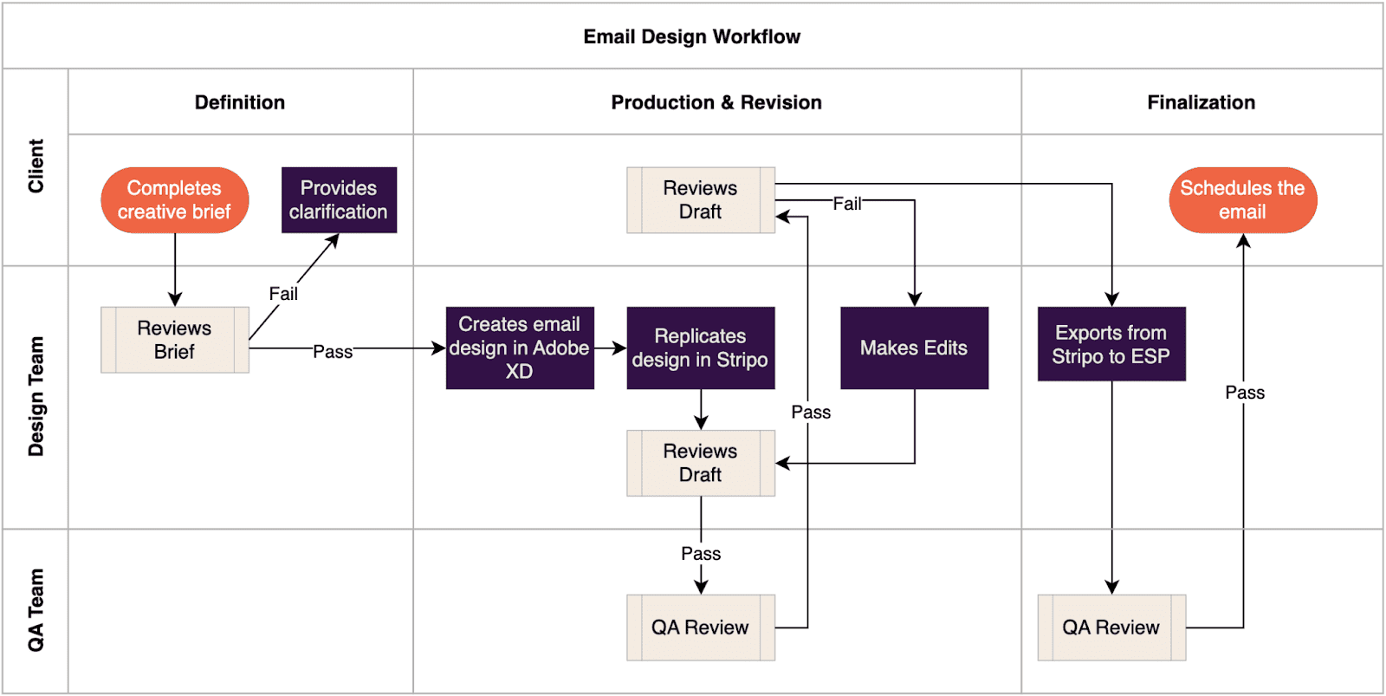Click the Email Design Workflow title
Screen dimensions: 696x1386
pos(691,36)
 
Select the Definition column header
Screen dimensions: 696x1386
pos(240,102)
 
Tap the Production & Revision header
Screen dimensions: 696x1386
pos(716,102)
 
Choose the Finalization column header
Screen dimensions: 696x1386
pos(1201,102)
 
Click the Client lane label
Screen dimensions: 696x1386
pos(36,166)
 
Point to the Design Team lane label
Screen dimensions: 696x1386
pos(36,396)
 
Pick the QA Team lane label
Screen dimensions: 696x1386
pos(36,609)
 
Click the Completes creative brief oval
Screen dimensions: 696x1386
pos(174,200)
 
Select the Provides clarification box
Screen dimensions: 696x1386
pos(339,200)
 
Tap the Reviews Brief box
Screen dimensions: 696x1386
pos(174,340)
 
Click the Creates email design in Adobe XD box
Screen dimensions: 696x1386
pos(520,348)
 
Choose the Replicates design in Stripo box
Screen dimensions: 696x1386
pos(700,348)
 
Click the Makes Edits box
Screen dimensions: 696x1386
pos(914,348)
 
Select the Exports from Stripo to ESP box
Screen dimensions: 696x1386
pos(1111,344)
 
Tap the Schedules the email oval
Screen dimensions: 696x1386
pos(1242,200)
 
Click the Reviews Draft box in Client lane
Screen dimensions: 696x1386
pos(700,200)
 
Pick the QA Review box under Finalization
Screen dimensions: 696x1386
pos(1111,628)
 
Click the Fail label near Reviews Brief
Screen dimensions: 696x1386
pos(283,294)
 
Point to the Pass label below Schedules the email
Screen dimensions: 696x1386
pos(1245,393)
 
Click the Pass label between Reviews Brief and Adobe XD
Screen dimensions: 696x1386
pos(333,352)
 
